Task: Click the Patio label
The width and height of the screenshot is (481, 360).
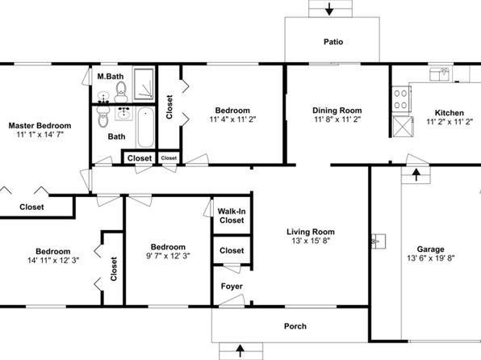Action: (x=333, y=42)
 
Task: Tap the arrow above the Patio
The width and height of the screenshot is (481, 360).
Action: (x=329, y=9)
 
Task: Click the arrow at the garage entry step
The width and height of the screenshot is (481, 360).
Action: (x=416, y=174)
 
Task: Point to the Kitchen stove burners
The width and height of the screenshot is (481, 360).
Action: (x=401, y=98)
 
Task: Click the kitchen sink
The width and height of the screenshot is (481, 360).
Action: (x=440, y=74)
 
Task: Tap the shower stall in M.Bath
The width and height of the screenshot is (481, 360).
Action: (x=144, y=84)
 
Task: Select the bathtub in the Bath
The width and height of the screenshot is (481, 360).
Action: (x=145, y=128)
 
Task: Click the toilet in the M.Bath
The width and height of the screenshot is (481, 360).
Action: (x=121, y=92)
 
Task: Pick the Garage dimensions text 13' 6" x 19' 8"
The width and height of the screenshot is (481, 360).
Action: (x=431, y=258)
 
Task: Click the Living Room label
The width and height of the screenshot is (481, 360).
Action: (x=311, y=232)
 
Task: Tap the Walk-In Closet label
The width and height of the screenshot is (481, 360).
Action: (x=232, y=216)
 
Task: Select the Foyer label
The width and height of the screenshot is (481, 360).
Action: (x=232, y=287)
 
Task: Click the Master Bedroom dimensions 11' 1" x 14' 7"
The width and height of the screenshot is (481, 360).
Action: (x=40, y=134)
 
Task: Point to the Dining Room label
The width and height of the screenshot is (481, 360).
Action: (x=337, y=110)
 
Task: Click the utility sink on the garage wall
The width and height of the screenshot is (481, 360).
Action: (x=379, y=241)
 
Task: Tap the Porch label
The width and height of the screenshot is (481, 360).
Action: (x=295, y=326)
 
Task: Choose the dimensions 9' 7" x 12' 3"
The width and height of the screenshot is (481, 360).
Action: (x=168, y=256)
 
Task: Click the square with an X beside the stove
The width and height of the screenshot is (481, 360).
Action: (x=402, y=126)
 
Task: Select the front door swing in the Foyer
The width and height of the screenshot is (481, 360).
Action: (x=232, y=301)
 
